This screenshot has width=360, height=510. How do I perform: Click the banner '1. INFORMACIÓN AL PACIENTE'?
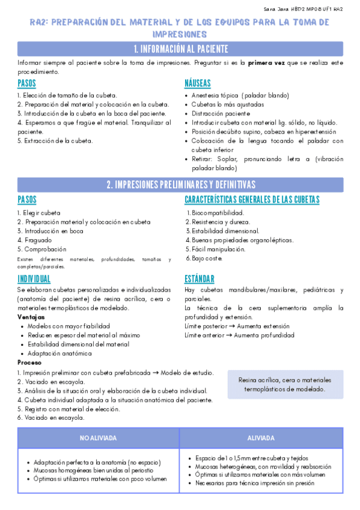click(180, 49)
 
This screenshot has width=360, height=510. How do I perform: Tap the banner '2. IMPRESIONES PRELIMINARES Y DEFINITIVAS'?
click(180, 185)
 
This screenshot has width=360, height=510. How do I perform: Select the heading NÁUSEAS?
click(198, 83)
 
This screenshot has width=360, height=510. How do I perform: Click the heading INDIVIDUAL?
click(34, 278)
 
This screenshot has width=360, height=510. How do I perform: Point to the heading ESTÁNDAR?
click(199, 278)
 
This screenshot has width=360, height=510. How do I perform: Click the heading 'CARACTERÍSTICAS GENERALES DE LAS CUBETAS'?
click(252, 200)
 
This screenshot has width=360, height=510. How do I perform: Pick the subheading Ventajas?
click(31, 316)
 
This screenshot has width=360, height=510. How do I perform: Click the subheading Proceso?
click(30, 363)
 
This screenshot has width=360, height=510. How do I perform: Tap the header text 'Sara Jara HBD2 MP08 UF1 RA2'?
click(304, 9)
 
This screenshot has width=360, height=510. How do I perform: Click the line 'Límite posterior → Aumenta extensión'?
click(239, 326)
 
